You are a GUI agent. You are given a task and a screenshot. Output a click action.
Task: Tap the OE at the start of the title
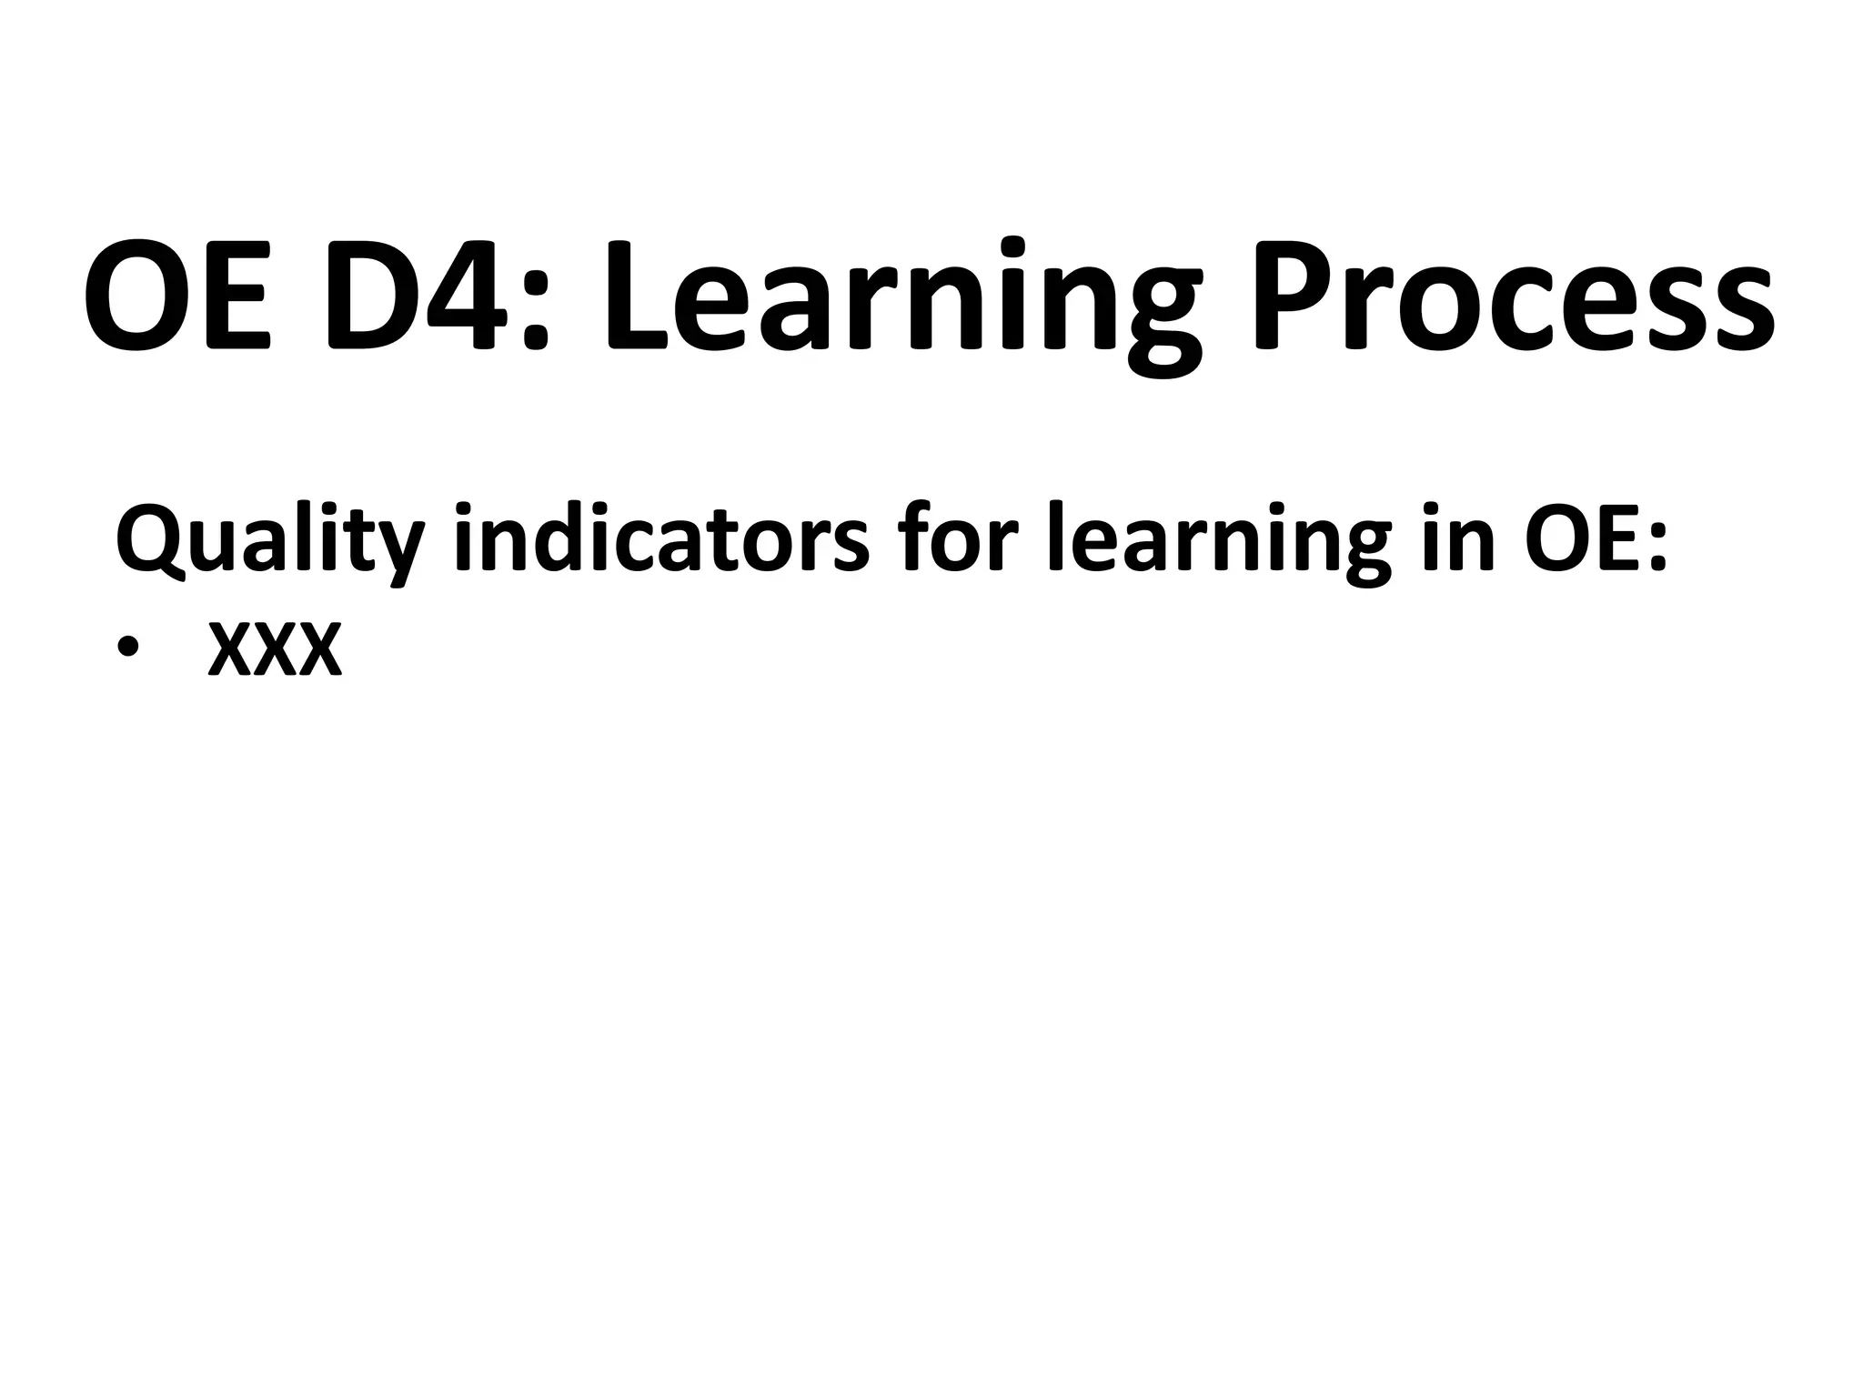pos(177,296)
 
